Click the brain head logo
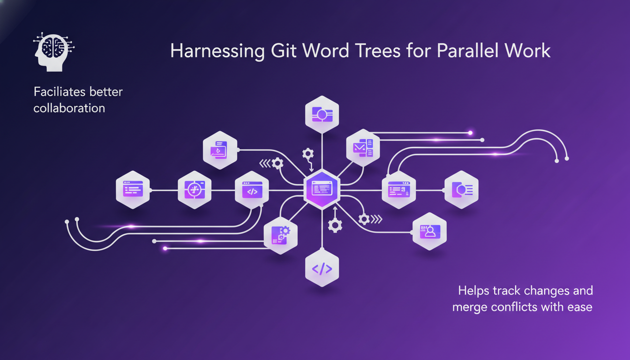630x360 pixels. [x=53, y=52]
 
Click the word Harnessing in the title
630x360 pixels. [x=217, y=51]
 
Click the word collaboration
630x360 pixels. [x=69, y=108]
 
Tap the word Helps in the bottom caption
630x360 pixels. [x=473, y=291]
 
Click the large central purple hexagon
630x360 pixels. [x=322, y=189]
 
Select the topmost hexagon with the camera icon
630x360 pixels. [x=322, y=114]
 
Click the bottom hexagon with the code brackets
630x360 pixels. [x=322, y=268]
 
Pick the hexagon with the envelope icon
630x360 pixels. [x=363, y=148]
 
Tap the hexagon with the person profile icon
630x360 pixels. [x=429, y=231]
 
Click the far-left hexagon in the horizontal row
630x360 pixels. [x=133, y=189]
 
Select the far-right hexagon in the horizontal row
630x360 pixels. [x=461, y=189]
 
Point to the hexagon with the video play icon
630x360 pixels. [x=220, y=150]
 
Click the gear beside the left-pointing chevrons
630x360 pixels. [x=277, y=163]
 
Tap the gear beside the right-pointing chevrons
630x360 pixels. [x=364, y=219]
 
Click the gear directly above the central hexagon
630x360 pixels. [x=308, y=154]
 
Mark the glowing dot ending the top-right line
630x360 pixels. [x=470, y=133]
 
